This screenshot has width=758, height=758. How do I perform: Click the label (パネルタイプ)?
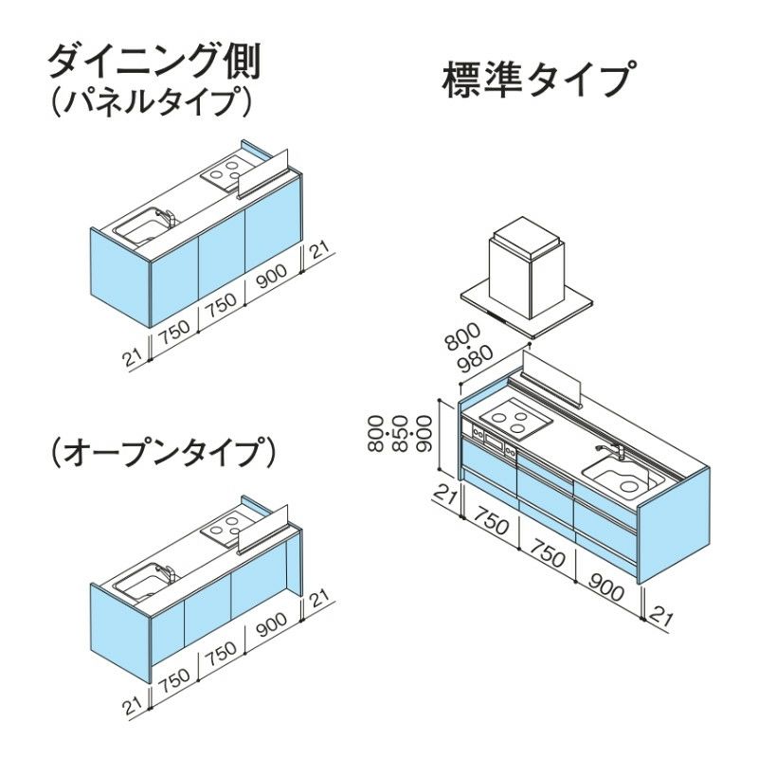152,101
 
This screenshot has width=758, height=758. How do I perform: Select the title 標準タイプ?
536,81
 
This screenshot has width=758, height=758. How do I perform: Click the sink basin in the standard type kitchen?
616,477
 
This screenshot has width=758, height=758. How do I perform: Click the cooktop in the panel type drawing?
226,173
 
